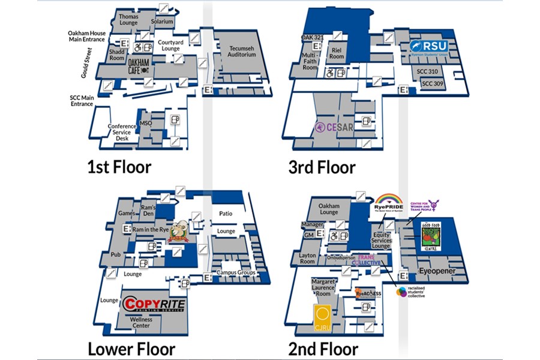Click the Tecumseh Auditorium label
(242, 51)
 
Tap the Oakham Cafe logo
(139, 66)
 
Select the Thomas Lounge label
(128, 19)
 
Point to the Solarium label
(162, 22)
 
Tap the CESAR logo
(334, 127)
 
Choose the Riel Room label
(337, 53)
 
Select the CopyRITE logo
(154, 304)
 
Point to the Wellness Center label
(142, 323)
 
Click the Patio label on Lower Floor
(226, 214)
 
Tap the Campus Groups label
(236, 272)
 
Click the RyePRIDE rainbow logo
(389, 202)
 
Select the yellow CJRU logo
(323, 317)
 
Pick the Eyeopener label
(437, 271)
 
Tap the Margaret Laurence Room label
(323, 287)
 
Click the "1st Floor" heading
(118, 167)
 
